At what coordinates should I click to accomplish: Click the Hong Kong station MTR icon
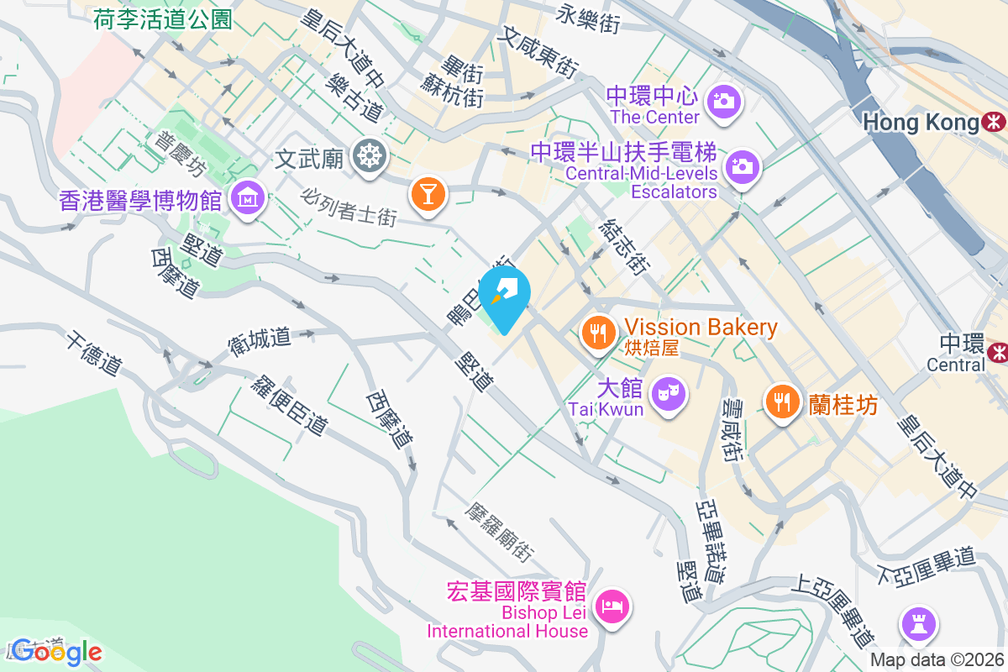click(994, 123)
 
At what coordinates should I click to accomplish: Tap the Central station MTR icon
click(997, 351)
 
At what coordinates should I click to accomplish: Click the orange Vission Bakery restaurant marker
click(598, 333)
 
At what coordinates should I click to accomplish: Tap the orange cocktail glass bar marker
click(428, 194)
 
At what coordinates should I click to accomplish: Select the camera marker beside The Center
click(722, 101)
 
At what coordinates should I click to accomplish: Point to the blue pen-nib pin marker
click(507, 294)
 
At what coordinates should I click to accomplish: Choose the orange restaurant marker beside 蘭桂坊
click(782, 401)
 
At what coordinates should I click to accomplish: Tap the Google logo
click(57, 651)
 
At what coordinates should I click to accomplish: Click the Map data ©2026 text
click(937, 660)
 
